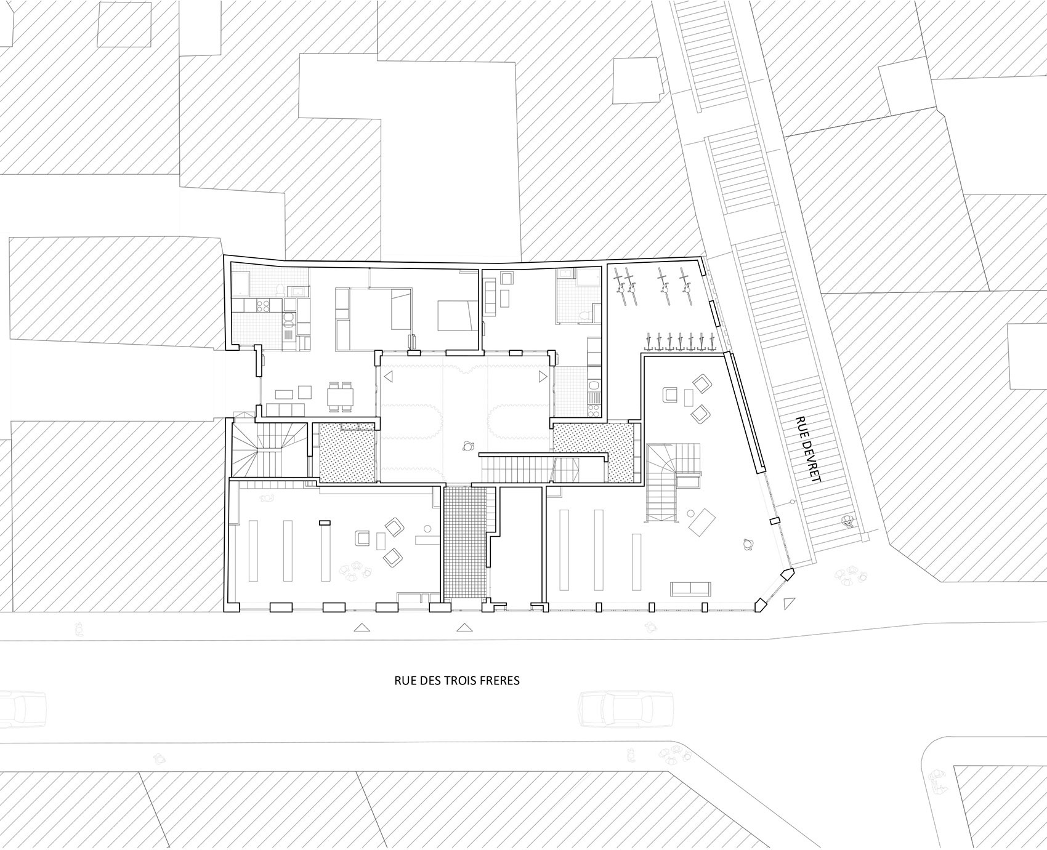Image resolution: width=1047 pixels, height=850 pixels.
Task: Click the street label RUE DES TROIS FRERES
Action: pyautogui.click(x=457, y=681)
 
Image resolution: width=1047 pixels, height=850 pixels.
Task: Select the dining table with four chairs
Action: pyautogui.click(x=341, y=396)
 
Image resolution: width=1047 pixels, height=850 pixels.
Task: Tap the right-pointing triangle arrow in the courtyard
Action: pyautogui.click(x=542, y=375)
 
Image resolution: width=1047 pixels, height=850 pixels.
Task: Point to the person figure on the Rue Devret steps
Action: pyautogui.click(x=849, y=522)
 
